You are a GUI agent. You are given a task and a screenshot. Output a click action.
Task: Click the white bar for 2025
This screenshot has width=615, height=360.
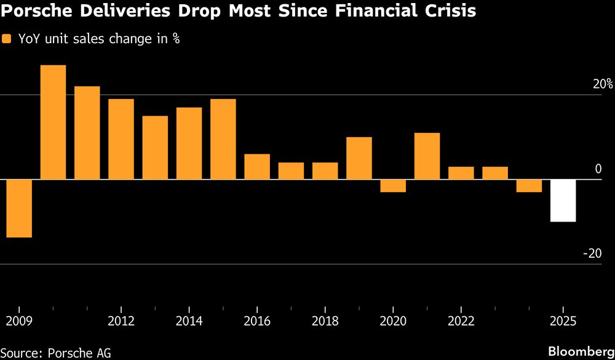(x=563, y=201)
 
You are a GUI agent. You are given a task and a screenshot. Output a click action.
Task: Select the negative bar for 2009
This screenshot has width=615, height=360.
(x=19, y=208)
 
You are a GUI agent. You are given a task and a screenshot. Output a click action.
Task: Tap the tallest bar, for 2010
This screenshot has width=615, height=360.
(x=53, y=122)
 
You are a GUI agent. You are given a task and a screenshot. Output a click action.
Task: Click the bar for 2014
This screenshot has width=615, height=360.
(x=189, y=143)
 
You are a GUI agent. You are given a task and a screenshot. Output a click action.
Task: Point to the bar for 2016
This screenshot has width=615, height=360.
(x=257, y=167)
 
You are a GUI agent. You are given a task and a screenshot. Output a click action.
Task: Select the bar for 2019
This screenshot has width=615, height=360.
(x=359, y=158)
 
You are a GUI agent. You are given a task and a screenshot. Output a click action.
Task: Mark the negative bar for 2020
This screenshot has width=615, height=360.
(x=393, y=186)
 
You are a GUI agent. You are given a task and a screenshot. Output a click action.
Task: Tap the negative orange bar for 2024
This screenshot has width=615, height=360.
(x=529, y=186)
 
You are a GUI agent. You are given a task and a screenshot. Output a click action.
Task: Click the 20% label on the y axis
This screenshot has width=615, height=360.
(x=603, y=84)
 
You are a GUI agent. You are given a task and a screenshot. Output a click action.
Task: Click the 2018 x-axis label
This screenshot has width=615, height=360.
(x=325, y=321)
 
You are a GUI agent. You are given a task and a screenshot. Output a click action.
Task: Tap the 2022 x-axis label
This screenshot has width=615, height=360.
(x=461, y=321)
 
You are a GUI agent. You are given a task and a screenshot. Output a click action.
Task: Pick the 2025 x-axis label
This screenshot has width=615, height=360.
(x=563, y=321)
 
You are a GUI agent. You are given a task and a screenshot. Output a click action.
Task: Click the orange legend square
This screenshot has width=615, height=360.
(x=7, y=39)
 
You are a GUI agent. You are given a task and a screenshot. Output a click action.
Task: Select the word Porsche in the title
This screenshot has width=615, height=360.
(x=36, y=12)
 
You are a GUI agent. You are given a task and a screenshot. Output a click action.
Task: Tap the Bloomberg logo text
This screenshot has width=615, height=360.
(x=581, y=351)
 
